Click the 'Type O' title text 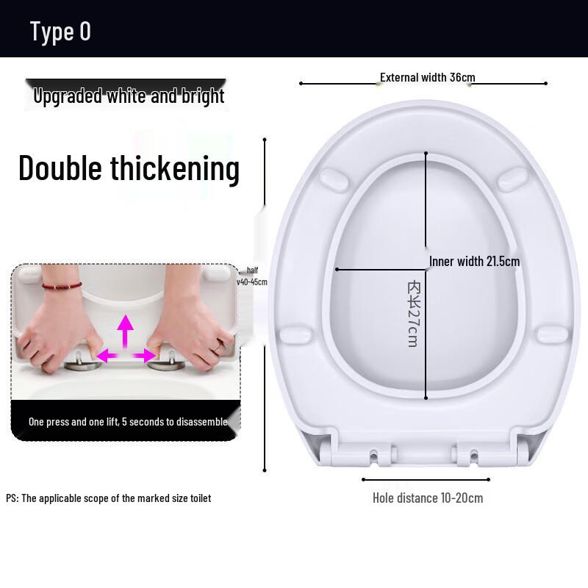point(60,31)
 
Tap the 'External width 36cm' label point(427,77)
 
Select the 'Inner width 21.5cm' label point(475,261)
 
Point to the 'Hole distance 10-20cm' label point(428,498)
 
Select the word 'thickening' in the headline point(175,168)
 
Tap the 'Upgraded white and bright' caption point(129,96)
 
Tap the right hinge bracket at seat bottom point(470,455)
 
